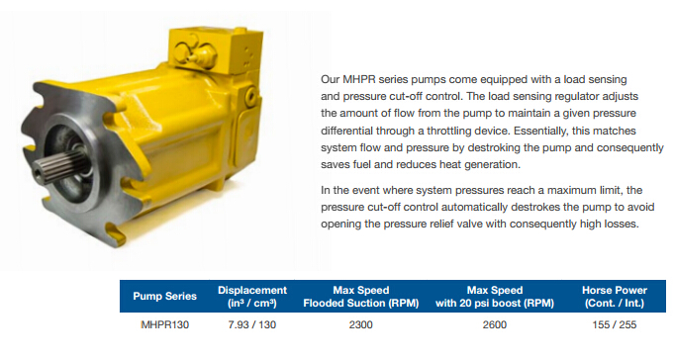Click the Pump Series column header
tap(164, 296)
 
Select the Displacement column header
tap(252, 297)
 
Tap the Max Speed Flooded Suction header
tap(361, 297)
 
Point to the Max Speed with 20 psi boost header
tap(495, 297)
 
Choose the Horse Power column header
tap(615, 297)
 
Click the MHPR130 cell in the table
tap(165, 324)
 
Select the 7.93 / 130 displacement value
tap(252, 324)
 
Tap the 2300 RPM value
tap(361, 324)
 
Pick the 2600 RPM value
tap(495, 324)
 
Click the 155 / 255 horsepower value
tap(615, 324)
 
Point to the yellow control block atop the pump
tap(215, 49)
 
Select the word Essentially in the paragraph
tap(539, 131)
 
